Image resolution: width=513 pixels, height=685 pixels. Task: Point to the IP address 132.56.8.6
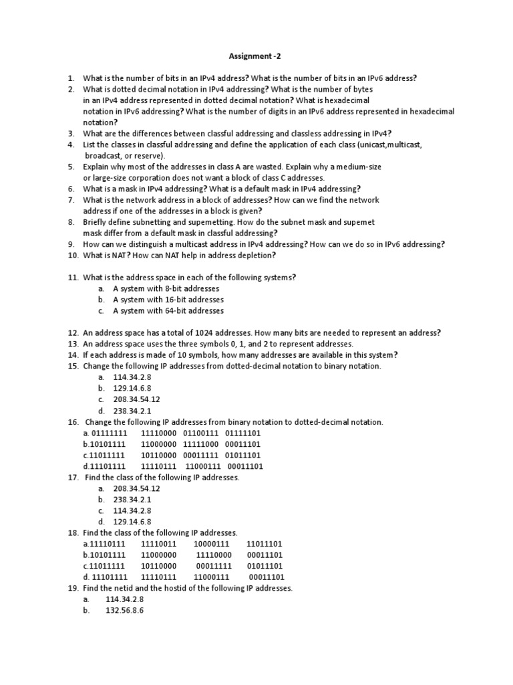coord(125,611)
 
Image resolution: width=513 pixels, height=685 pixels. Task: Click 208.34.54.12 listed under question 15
coord(137,399)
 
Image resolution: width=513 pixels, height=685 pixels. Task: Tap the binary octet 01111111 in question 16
coord(108,433)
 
